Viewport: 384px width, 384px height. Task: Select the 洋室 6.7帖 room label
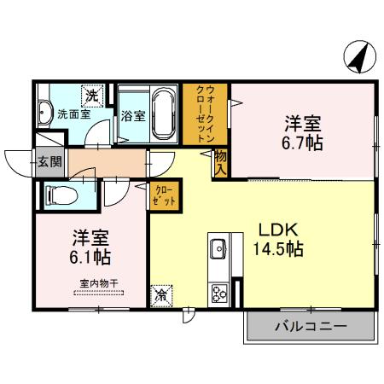pyautogui.click(x=303, y=132)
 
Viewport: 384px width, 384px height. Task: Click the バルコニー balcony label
pyautogui.click(x=310, y=325)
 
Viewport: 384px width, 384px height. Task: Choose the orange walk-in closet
pyautogui.click(x=206, y=114)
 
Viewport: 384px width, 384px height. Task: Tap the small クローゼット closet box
pyautogui.click(x=166, y=195)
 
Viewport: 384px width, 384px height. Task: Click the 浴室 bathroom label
pyautogui.click(x=131, y=115)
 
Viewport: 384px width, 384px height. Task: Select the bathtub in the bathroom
pyautogui.click(x=163, y=114)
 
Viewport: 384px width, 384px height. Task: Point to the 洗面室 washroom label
pyautogui.click(x=73, y=114)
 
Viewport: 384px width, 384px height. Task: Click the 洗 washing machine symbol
pyautogui.click(x=91, y=95)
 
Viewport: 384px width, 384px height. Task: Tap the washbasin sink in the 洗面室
pyautogui.click(x=44, y=113)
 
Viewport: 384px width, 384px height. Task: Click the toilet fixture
pyautogui.click(x=60, y=195)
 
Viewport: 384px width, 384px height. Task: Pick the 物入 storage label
pyautogui.click(x=220, y=162)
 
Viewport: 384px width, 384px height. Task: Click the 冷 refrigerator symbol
pyautogui.click(x=160, y=295)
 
